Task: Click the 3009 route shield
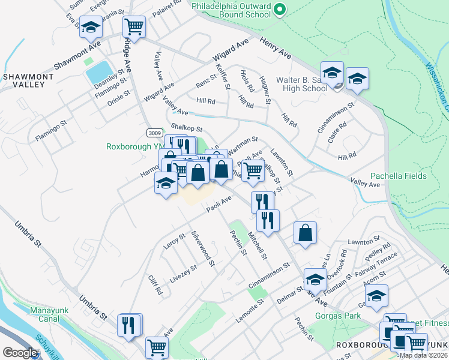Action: click(x=154, y=132)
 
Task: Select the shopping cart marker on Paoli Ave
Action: click(x=253, y=171)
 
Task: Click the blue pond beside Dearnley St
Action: click(x=99, y=73)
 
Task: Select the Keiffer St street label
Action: click(x=222, y=77)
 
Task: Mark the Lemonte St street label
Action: click(x=250, y=311)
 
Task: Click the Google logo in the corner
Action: click(x=20, y=353)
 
